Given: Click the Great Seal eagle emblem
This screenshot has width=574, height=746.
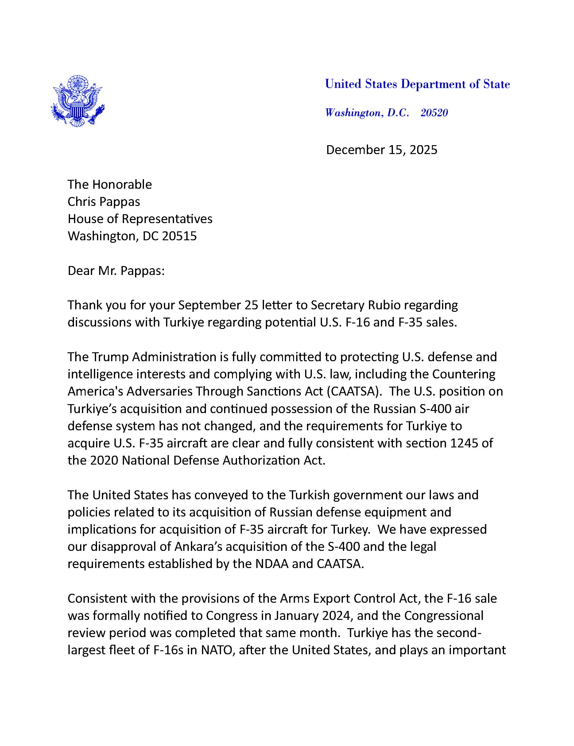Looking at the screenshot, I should (78, 101).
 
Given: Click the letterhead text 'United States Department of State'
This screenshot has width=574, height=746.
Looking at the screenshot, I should (417, 84).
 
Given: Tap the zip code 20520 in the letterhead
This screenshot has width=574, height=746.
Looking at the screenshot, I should (434, 113).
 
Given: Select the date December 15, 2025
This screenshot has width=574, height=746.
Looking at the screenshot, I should (381, 150).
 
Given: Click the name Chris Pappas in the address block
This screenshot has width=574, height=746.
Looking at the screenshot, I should (103, 202).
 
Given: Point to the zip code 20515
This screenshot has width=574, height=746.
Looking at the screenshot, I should (179, 236).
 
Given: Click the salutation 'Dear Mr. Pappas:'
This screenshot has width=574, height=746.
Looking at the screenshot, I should (116, 271).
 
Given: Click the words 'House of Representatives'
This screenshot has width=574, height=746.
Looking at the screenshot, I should (140, 219).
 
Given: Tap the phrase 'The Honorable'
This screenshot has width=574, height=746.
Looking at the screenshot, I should (110, 184).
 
